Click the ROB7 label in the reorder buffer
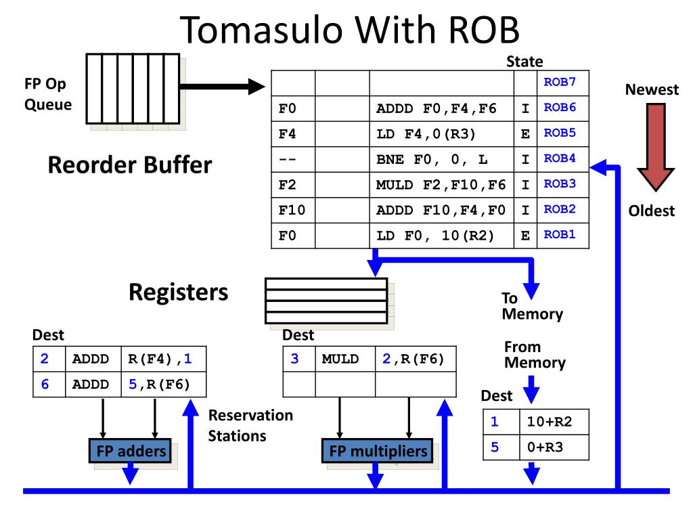click(x=560, y=82)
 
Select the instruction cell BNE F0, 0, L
click(x=441, y=159)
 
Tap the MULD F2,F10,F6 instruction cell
click(x=441, y=185)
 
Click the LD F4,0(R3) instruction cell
click(x=441, y=134)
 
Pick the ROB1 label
click(x=560, y=234)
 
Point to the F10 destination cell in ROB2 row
click(x=292, y=210)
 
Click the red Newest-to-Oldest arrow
click(x=656, y=147)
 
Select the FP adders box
click(x=131, y=450)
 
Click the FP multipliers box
click(x=378, y=450)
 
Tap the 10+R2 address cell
click(x=554, y=422)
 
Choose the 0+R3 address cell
click(x=554, y=447)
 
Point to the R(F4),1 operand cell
click(x=164, y=359)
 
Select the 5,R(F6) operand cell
click(x=164, y=385)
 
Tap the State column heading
click(x=524, y=62)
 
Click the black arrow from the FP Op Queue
click(x=222, y=87)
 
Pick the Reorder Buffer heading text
click(x=130, y=165)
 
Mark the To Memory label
click(x=532, y=306)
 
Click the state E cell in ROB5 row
click(x=525, y=134)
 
